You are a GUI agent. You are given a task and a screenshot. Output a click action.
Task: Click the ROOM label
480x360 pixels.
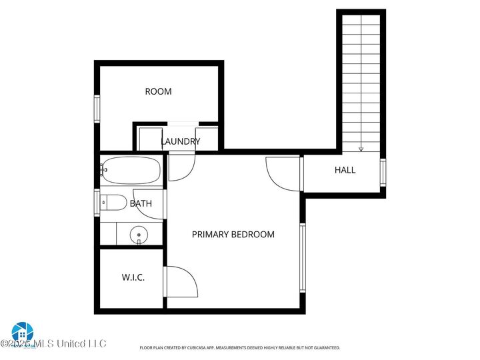pyautogui.click(x=158, y=91)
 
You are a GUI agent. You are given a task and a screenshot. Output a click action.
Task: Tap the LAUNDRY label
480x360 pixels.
pyautogui.click(x=180, y=141)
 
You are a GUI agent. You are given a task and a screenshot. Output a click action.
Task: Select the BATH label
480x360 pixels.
pyautogui.click(x=141, y=203)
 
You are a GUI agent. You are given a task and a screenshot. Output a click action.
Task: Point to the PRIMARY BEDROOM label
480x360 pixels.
pyautogui.click(x=233, y=235)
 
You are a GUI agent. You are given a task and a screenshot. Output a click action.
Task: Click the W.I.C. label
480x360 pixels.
pyautogui.click(x=133, y=277)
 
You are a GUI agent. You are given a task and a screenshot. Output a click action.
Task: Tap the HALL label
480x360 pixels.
pyautogui.click(x=345, y=170)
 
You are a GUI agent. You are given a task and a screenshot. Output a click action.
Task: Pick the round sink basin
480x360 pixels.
pyautogui.click(x=138, y=234)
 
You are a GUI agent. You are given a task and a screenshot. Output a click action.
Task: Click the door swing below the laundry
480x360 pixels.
pyautogui.click(x=180, y=167)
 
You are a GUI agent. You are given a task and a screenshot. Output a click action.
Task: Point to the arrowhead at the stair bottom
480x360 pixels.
pyautogui.click(x=361, y=149)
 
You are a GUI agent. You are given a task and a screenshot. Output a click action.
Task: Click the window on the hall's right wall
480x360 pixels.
pyautogui.click(x=383, y=172)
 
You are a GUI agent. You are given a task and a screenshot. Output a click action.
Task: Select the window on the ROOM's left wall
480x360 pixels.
pyautogui.click(x=97, y=109)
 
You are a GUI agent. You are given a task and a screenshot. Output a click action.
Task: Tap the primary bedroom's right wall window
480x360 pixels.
pyautogui.click(x=302, y=258)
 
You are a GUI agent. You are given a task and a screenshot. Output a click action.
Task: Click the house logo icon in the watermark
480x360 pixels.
pyautogui.click(x=22, y=331)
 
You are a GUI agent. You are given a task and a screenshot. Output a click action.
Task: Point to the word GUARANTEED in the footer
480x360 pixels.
pyautogui.click(x=325, y=348)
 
